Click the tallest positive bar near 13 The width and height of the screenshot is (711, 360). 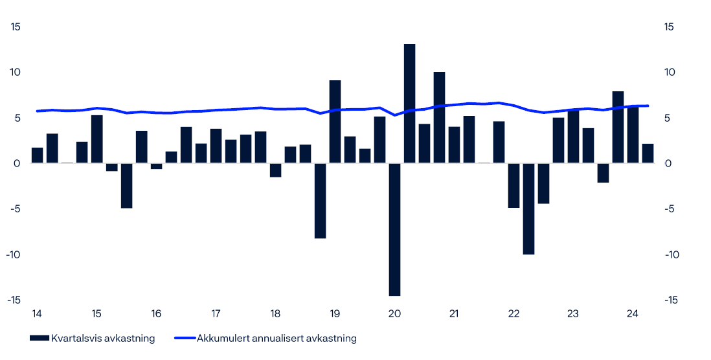pos(409,104)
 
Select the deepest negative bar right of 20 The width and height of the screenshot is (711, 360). pos(394,229)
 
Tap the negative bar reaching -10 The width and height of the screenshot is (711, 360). pos(528,208)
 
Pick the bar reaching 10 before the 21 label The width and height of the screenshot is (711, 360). pos(439,117)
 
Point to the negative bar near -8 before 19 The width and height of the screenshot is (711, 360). pos(320,201)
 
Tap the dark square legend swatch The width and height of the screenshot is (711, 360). pos(39,338)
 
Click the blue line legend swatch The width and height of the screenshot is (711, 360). pos(185,338)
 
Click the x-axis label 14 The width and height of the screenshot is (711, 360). pos(37,314)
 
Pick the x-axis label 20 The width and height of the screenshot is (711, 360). pos(394,314)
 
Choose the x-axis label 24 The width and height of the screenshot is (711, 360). pos(633,314)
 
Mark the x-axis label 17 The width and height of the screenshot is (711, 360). pos(216,314)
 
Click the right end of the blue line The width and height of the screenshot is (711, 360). pos(648,106)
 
